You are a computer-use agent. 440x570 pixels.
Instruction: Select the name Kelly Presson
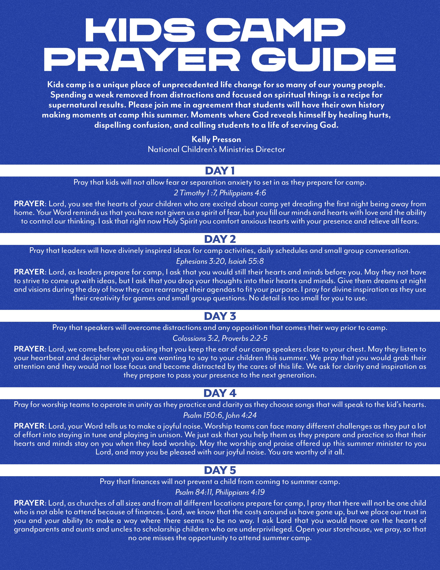pyautogui.click(x=216, y=139)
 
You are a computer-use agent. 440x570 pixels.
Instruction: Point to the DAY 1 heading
pyautogui.click(x=220, y=171)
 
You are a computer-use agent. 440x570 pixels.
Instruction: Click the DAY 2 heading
pyautogui.click(x=220, y=239)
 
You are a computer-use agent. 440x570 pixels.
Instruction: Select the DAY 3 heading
pyautogui.click(x=220, y=316)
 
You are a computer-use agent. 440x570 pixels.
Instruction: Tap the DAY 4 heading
pyautogui.click(x=220, y=393)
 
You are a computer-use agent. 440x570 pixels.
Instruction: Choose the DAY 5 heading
pyautogui.click(x=220, y=470)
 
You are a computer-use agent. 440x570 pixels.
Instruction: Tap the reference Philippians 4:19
pyautogui.click(x=240, y=492)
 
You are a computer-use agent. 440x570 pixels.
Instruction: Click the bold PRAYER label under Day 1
pyautogui.click(x=29, y=204)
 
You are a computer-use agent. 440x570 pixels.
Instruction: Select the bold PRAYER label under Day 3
pyautogui.click(x=29, y=349)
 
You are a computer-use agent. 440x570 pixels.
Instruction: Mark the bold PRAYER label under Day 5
pyautogui.click(x=29, y=503)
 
